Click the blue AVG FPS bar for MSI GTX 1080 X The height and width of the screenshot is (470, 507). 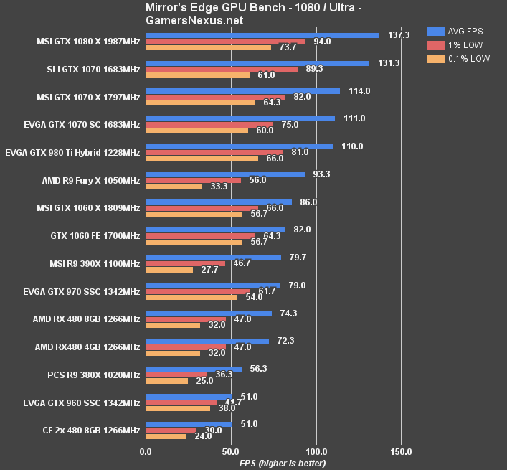coord(262,34)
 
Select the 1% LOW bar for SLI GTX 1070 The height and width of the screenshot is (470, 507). coord(222,69)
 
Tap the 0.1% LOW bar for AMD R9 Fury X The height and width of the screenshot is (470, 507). coord(174,187)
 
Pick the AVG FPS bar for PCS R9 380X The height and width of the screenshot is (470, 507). coord(194,368)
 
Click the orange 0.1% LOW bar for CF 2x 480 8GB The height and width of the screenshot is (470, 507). coord(166,436)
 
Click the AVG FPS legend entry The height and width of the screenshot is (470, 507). coord(458,32)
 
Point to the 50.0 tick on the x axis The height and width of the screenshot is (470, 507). coord(231,452)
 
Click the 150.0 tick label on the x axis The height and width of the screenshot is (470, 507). coord(401,452)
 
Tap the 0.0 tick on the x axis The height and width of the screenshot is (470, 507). coord(146,452)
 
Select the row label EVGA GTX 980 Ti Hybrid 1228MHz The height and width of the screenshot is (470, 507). coord(72,152)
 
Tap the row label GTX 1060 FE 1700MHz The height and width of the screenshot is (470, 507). coord(90,235)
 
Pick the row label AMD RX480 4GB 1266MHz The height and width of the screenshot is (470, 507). coord(87,347)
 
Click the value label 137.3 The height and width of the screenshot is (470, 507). coord(399,34)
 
